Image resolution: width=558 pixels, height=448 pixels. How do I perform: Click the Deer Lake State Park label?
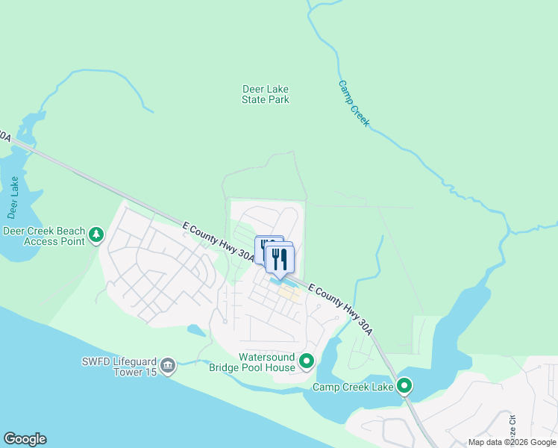[x=266, y=94]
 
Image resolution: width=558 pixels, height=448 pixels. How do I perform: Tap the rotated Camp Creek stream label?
[x=354, y=103]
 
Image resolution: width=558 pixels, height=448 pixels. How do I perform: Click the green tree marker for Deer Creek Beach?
[x=96, y=236]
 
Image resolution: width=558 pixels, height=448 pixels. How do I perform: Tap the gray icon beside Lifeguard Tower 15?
[x=168, y=365]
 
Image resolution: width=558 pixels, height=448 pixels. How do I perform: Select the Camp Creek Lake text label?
[x=353, y=387]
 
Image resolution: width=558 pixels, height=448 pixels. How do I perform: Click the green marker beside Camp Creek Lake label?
[x=404, y=386]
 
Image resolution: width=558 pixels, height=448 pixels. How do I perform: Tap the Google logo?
[x=25, y=439]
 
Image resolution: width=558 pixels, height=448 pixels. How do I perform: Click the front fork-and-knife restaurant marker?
[x=280, y=260]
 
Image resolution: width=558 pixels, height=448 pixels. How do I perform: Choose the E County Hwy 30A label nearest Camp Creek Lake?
[x=339, y=306]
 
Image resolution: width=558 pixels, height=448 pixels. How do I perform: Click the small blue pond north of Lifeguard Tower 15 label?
[x=196, y=329]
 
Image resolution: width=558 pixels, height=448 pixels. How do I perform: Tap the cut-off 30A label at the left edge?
[x=4, y=137]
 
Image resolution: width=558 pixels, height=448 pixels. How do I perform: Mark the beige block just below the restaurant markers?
[x=289, y=293]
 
